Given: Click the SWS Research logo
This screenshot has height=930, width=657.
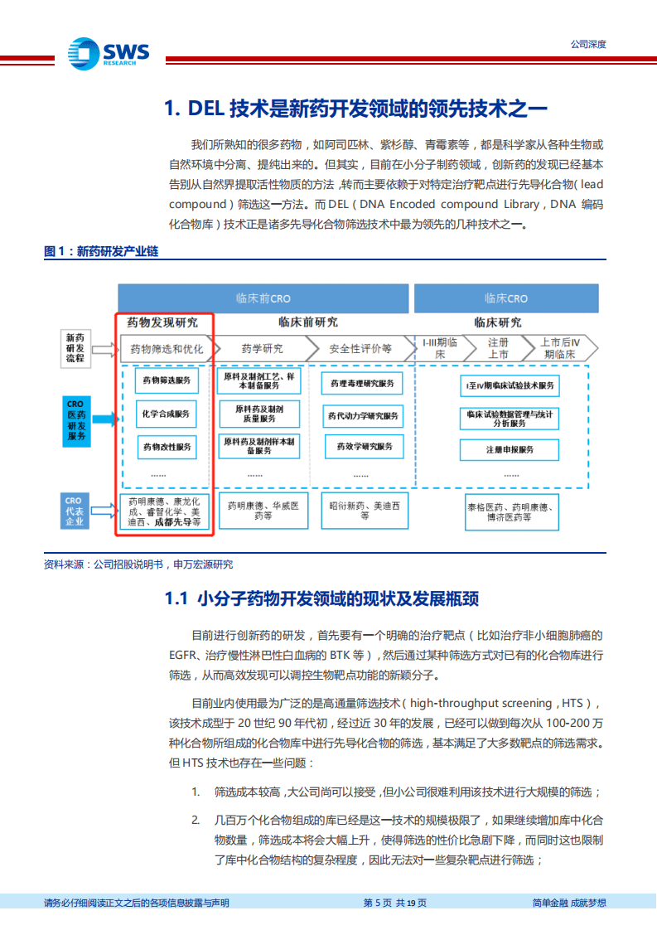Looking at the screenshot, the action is pyautogui.click(x=109, y=54).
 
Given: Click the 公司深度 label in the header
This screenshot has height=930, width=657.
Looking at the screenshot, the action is pyautogui.click(x=588, y=45).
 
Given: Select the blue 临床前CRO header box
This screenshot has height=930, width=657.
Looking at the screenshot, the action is pyautogui.click(x=264, y=298).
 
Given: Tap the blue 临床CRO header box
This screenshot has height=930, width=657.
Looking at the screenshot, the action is pyautogui.click(x=506, y=298).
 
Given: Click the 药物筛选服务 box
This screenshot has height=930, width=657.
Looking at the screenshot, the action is pyautogui.click(x=167, y=380).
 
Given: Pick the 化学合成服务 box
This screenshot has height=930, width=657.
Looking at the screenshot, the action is pyautogui.click(x=167, y=413).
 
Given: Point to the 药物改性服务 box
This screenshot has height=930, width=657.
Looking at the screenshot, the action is pyautogui.click(x=167, y=447).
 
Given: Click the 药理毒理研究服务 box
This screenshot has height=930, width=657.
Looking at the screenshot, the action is pyautogui.click(x=361, y=384).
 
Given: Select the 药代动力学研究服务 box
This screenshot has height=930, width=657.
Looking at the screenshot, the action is pyautogui.click(x=362, y=416).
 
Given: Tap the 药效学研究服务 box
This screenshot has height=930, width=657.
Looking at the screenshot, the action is pyautogui.click(x=362, y=447).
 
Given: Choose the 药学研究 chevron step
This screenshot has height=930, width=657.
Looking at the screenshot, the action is pyautogui.click(x=262, y=349).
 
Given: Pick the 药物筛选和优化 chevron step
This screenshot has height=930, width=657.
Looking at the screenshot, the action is pyautogui.click(x=166, y=349).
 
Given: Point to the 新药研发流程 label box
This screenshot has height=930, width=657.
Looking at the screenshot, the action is pyautogui.click(x=75, y=347).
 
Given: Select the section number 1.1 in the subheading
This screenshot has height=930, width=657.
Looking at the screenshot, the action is pyautogui.click(x=178, y=599).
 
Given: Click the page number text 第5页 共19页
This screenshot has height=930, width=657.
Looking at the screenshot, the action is pyautogui.click(x=396, y=903).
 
